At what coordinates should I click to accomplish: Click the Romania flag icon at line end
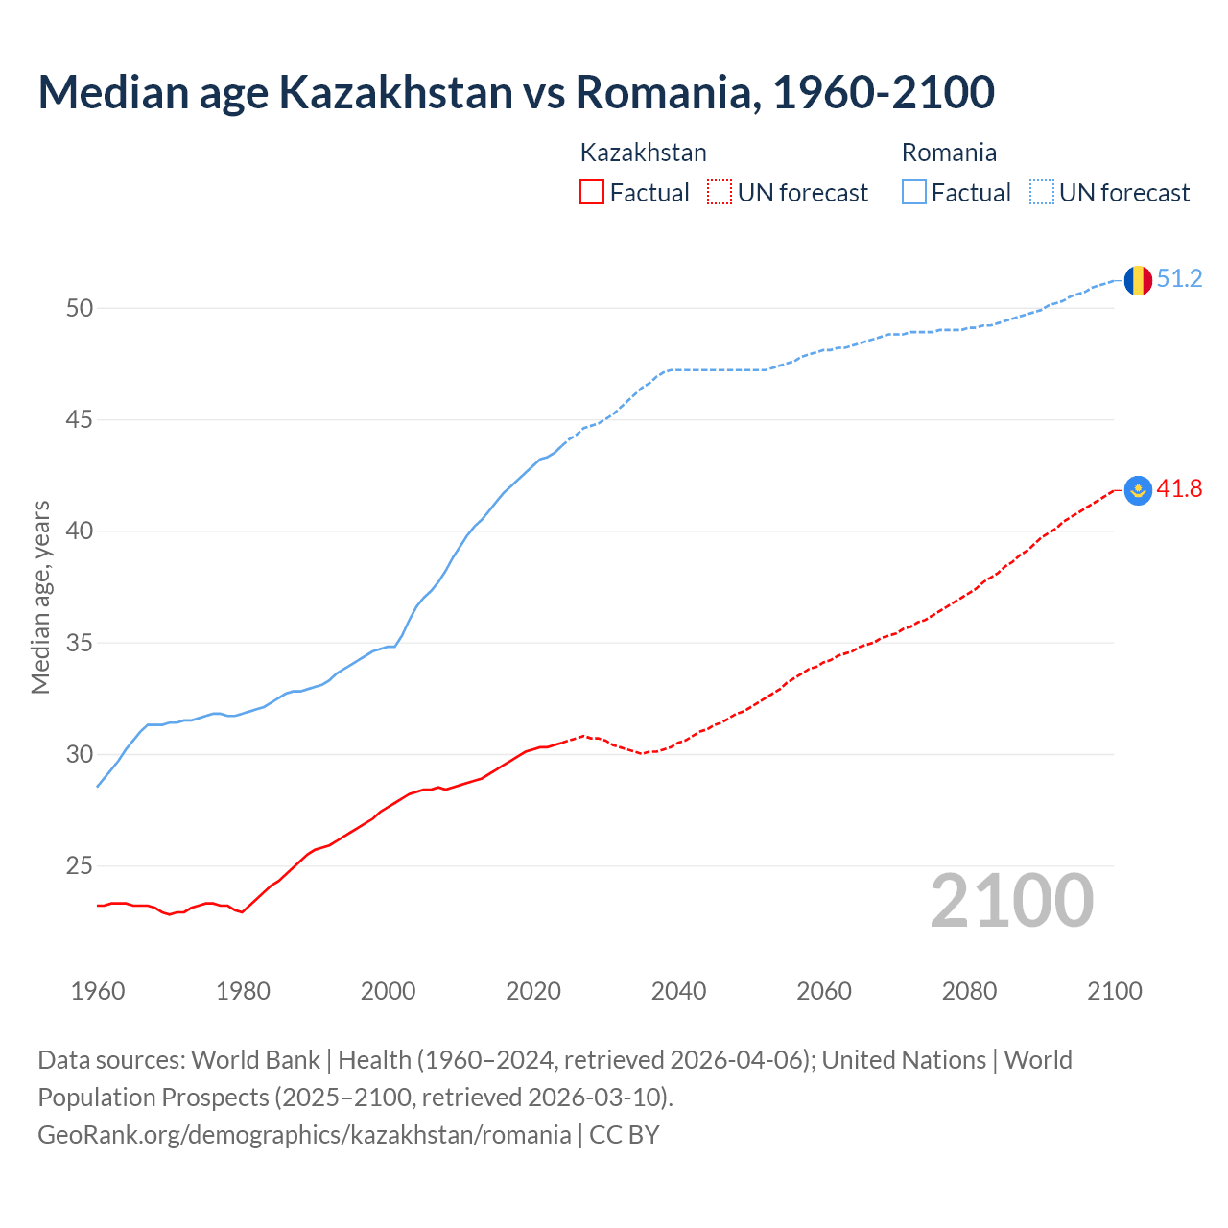1138,280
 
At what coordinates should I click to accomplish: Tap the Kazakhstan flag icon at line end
1138,490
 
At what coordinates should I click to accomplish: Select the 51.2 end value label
1179,279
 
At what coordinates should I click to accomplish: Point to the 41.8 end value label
1179,489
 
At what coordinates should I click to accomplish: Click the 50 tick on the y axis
80,308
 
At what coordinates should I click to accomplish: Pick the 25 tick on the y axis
80,866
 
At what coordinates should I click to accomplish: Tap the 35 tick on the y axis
80,643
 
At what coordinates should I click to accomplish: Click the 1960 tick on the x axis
98,991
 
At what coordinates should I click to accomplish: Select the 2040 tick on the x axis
678,991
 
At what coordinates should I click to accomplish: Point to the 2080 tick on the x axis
969,991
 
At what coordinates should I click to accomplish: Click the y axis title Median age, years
40,597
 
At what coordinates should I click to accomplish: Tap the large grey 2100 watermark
1011,901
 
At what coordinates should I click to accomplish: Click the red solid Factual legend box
592,193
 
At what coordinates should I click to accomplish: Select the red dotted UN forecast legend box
720,193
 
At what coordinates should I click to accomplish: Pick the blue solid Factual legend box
914,193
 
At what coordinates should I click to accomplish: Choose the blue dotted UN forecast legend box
1041,193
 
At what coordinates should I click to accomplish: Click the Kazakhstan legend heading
643,153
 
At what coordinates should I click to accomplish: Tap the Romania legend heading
949,153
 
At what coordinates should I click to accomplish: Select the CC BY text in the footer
625,1135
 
